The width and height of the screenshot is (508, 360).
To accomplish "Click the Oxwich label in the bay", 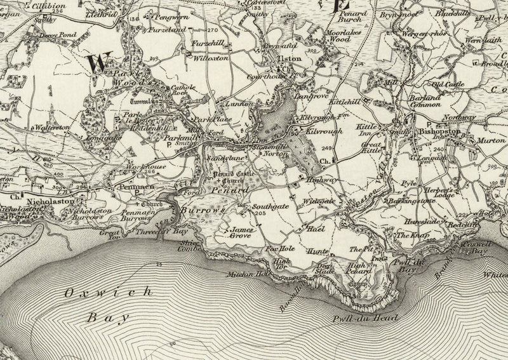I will point(109,292).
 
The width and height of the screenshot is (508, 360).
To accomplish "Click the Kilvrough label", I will point(324,130).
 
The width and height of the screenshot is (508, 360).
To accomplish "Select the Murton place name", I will point(491,140).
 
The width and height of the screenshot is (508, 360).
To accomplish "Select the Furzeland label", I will point(168,29).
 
